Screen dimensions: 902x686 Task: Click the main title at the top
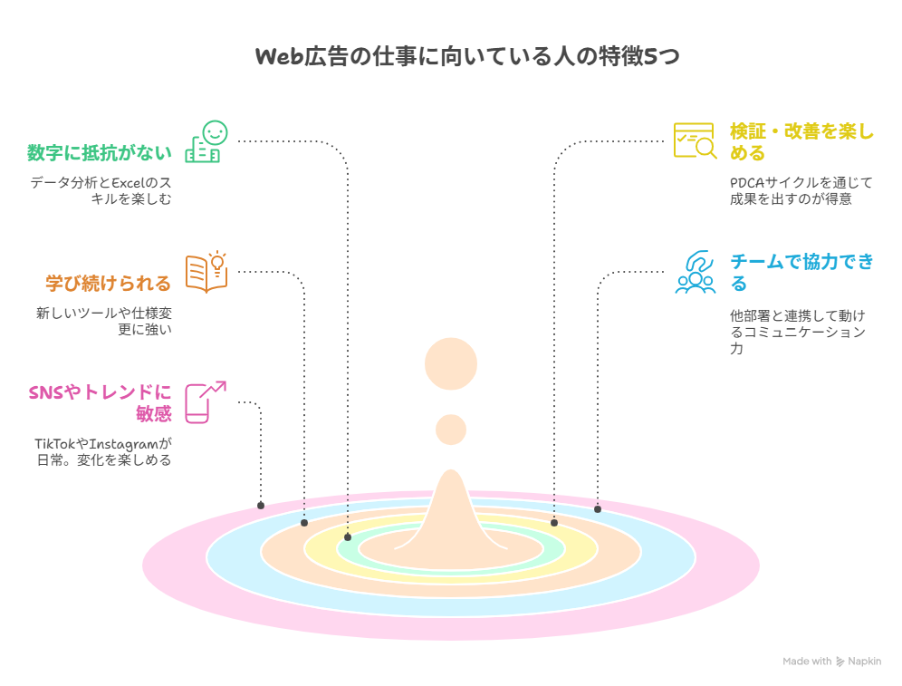pyautogui.click(x=467, y=56)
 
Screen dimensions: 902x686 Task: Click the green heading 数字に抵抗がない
pyautogui.click(x=100, y=153)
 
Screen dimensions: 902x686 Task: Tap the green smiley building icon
pyautogui.click(x=206, y=141)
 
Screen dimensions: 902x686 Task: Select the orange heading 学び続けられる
pyautogui.click(x=108, y=284)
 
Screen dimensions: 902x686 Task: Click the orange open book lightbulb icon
pyautogui.click(x=206, y=272)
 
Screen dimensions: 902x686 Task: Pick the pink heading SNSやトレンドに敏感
pyautogui.click(x=101, y=403)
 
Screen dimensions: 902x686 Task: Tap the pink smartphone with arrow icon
pyautogui.click(x=206, y=402)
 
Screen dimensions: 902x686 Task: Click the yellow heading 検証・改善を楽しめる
pyautogui.click(x=801, y=142)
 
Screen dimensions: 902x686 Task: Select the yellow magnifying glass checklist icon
pyautogui.click(x=696, y=140)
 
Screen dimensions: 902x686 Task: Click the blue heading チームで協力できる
pyautogui.click(x=801, y=273)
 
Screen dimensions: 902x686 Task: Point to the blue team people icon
pyautogui.click(x=696, y=272)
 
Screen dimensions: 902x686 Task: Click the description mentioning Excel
pyautogui.click(x=101, y=190)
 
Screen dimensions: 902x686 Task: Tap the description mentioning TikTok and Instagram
pyautogui.click(x=103, y=452)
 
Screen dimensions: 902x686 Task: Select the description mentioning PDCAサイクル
pyautogui.click(x=801, y=190)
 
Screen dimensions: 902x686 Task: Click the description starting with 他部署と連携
pyautogui.click(x=798, y=332)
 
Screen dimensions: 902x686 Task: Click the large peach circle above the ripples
pyautogui.click(x=451, y=363)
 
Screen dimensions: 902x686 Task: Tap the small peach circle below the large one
pyautogui.click(x=451, y=430)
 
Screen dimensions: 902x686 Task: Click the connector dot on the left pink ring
pyautogui.click(x=261, y=506)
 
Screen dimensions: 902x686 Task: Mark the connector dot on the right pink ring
pyautogui.click(x=598, y=509)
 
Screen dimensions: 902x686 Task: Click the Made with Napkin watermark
pyautogui.click(x=832, y=662)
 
